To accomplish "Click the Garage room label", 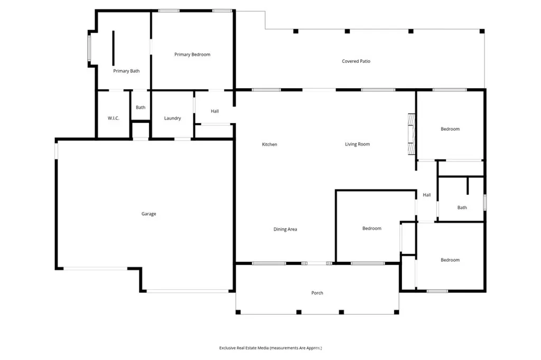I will click(x=148, y=214).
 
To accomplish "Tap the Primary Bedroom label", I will click(x=192, y=54).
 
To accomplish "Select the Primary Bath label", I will click(x=126, y=71).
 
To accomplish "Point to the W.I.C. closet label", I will click(x=114, y=118).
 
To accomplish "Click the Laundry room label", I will click(x=173, y=118).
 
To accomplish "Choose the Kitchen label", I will click(x=269, y=144).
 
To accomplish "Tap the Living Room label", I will click(x=357, y=144).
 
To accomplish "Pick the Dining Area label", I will click(x=285, y=229).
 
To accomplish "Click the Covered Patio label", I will click(x=356, y=61).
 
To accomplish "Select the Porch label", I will click(x=317, y=293).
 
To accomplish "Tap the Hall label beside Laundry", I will click(x=214, y=111).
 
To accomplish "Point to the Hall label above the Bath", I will click(x=427, y=195).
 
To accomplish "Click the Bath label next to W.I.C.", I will click(x=141, y=108).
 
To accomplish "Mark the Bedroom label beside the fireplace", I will click(x=450, y=129).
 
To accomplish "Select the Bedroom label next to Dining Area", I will click(x=371, y=229).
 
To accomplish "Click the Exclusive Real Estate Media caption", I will click(x=270, y=348).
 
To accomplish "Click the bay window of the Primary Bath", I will click(x=89, y=49).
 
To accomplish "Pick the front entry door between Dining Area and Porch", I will click(x=317, y=263).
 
